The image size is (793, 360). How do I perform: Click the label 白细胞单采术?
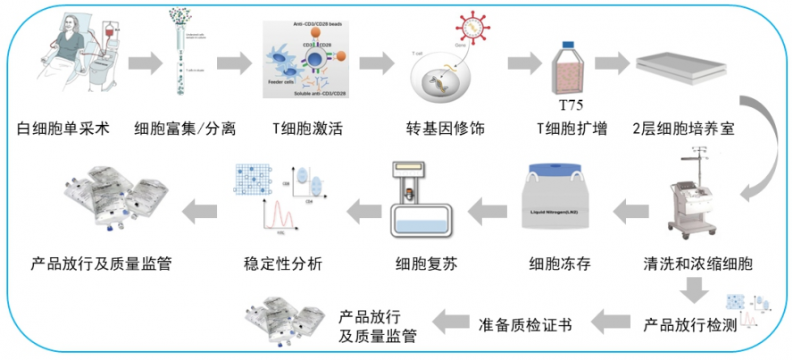[x=63, y=127]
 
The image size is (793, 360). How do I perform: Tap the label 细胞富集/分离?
[x=184, y=127]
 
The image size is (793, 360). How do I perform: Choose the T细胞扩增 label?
[x=572, y=127]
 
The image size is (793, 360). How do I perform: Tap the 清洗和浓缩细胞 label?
[x=698, y=264]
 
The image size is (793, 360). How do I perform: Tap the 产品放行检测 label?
[x=689, y=323]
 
